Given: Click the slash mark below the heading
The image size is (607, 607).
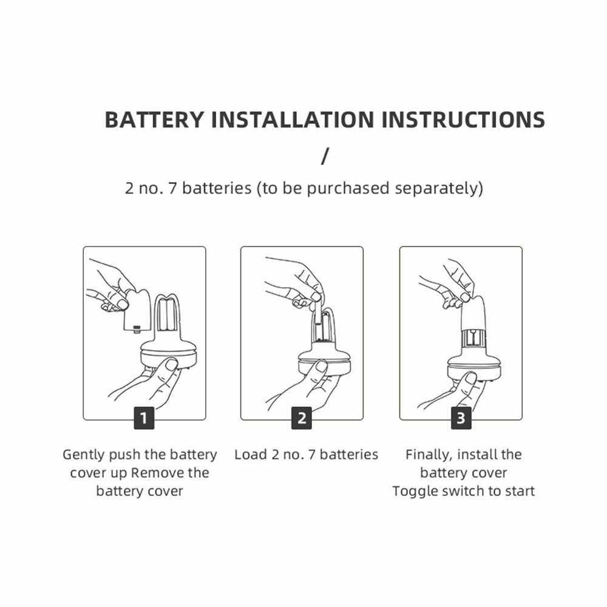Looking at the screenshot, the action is tap(325, 155).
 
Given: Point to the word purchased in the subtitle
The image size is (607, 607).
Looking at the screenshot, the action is tap(348, 189).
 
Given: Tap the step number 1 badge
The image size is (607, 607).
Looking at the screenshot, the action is tap(144, 418).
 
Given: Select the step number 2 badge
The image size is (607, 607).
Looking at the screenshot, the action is tap(302, 418).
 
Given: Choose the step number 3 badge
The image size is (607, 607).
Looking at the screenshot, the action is tap(461, 418).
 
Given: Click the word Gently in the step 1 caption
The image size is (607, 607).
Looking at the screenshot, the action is tap(84, 455).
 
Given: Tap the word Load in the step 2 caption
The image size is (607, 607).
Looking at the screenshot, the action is tap(251, 455).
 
